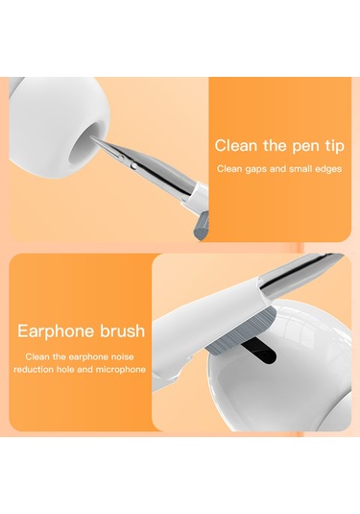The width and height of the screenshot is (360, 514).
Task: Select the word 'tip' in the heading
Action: [335, 146]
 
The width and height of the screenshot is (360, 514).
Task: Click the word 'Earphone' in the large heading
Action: [57, 331]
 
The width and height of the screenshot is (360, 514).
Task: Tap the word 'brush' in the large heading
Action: [123, 330]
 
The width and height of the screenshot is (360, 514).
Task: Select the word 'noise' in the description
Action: [123, 356]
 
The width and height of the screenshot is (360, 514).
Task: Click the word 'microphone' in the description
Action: [121, 370]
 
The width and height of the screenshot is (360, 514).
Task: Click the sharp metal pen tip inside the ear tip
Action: [93, 139]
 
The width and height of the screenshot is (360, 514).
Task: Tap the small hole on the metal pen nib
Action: [132, 166]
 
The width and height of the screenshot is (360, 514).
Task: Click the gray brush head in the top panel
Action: [201, 226]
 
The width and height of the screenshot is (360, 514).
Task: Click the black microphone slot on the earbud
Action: [257, 350]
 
